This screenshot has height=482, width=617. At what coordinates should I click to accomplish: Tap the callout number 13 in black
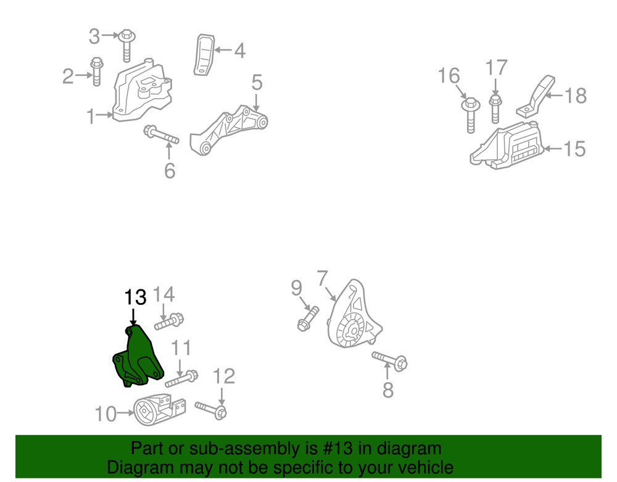click(135, 297)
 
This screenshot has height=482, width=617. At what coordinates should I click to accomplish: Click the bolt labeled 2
click(96, 72)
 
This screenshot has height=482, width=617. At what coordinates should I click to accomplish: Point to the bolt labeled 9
click(308, 318)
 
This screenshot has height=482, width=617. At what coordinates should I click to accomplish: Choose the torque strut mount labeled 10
click(158, 409)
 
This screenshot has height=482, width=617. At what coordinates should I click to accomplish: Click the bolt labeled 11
click(181, 378)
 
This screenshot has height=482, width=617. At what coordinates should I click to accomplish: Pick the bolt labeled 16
click(470, 114)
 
